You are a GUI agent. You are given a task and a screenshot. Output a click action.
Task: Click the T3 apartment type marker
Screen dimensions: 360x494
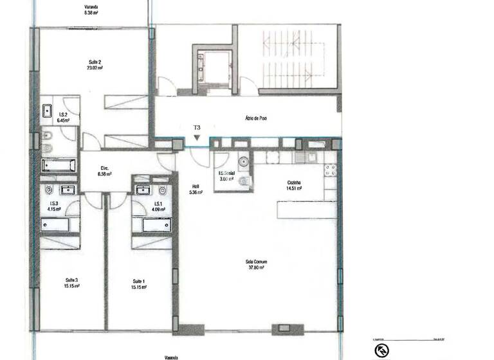(197, 128)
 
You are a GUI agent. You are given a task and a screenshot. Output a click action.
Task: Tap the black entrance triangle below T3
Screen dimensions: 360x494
(197, 137)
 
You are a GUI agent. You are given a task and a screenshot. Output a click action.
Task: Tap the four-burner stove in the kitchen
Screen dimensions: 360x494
(330, 170)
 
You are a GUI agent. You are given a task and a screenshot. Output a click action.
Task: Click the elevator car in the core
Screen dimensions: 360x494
(212, 67)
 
